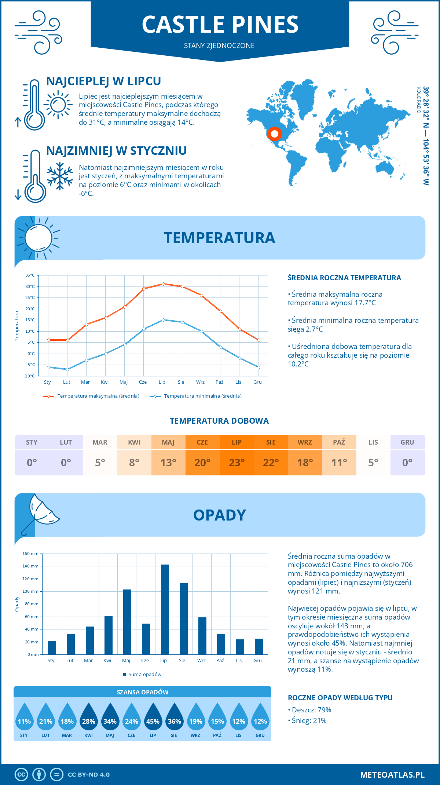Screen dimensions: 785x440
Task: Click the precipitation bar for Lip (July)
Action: coord(165,609)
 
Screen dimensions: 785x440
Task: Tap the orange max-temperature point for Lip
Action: coord(163,284)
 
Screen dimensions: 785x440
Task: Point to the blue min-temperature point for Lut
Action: coord(67,369)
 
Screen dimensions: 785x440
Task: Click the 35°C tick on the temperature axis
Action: coord(30,275)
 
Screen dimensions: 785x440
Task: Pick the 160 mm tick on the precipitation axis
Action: coord(31,554)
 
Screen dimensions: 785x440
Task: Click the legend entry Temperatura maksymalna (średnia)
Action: coord(98,396)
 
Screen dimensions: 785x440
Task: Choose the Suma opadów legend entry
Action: coord(144,674)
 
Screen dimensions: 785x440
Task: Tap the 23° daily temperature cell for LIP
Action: coord(236,463)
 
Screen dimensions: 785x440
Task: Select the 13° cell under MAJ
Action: coord(168,463)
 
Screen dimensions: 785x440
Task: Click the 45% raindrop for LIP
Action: coord(153,719)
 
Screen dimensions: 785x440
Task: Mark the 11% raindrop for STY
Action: coord(24,719)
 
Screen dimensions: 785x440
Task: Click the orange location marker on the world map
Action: coord(274,134)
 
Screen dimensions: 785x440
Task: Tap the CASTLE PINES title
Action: coord(220,25)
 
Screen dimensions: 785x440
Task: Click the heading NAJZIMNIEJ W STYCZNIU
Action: coord(116,151)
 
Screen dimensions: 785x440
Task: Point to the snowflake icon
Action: coord(60,176)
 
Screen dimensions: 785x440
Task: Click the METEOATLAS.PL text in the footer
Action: coord(392,775)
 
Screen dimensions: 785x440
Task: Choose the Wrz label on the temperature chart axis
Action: coord(200,382)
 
